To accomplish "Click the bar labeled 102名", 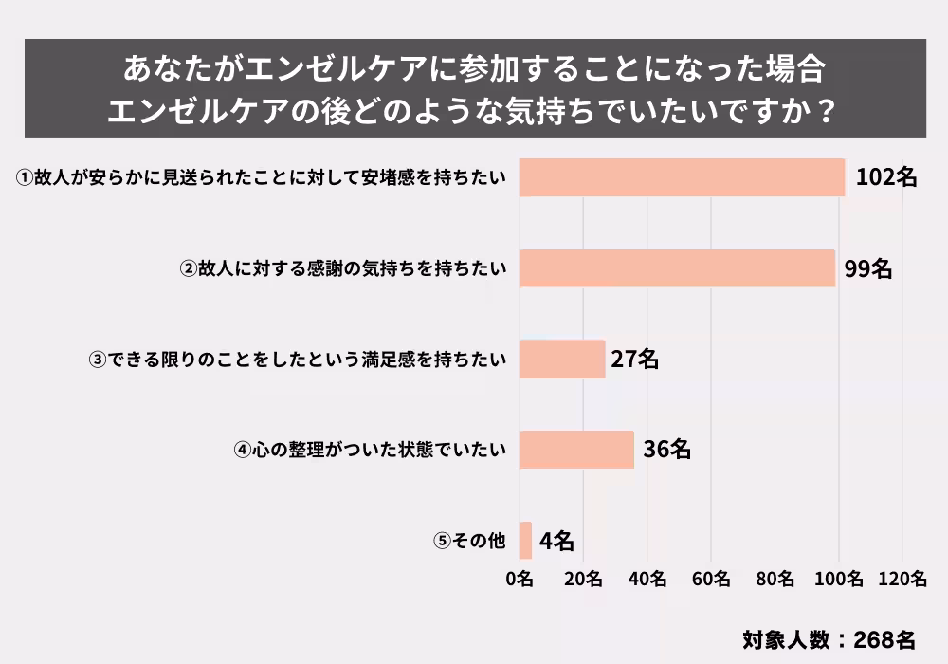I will point(683,177).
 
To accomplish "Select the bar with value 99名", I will point(677,268).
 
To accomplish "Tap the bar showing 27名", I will point(562,359).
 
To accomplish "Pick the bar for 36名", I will point(576,450).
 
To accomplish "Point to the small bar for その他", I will point(525,541).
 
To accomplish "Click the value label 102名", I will point(885,177).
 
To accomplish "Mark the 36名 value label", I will point(666,450).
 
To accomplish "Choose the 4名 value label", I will point(556,541).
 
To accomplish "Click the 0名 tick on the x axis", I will point(520,580).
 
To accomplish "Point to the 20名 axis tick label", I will point(583,580).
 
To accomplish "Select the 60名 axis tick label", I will point(711,580).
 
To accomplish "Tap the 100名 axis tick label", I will point(838,580).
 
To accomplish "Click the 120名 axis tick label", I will point(902,580).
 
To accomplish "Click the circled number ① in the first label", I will point(26,177).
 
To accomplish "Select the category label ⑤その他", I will point(471,541).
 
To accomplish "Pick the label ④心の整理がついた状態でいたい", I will point(371,450).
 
